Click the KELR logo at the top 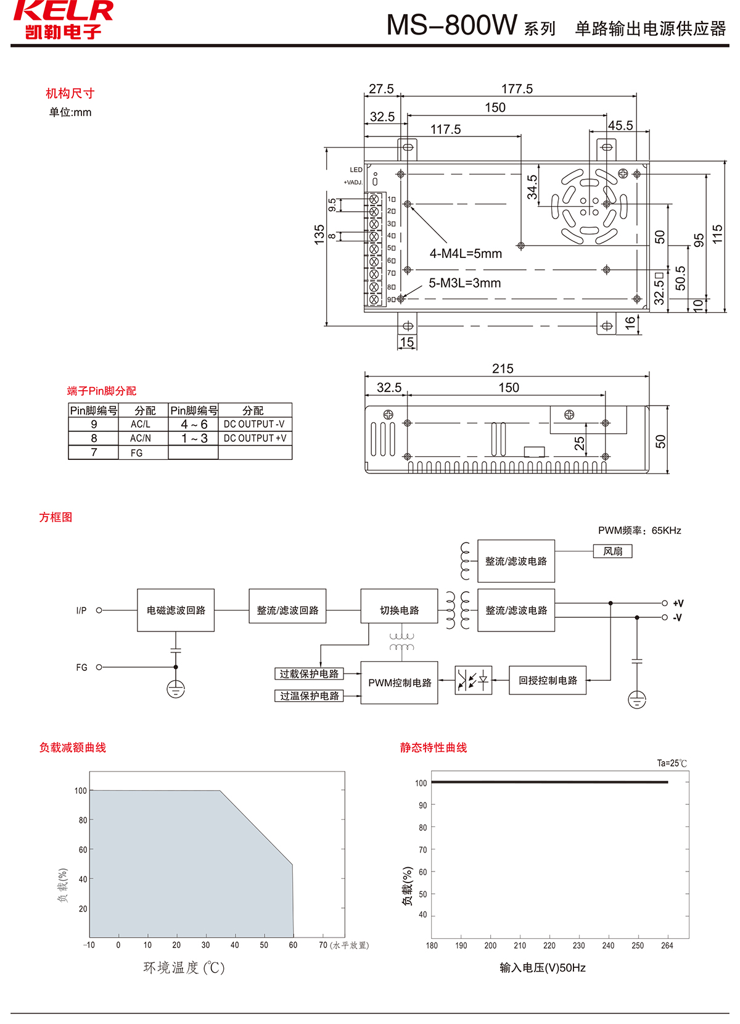click(x=63, y=20)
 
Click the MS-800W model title click(x=451, y=25)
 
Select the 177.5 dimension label click(x=517, y=89)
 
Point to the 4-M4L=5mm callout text click(x=466, y=254)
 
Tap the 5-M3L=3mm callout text click(x=464, y=283)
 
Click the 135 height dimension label click(x=319, y=235)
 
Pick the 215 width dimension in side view click(x=503, y=368)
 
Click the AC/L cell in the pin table click(x=141, y=425)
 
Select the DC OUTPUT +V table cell click(x=255, y=438)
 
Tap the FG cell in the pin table click(x=136, y=453)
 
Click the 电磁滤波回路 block click(x=176, y=610)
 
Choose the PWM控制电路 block click(x=400, y=683)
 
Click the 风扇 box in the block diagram click(x=612, y=551)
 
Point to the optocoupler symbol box click(x=473, y=680)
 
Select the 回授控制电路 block click(x=548, y=680)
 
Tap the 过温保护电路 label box click(x=309, y=696)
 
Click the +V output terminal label click(x=678, y=604)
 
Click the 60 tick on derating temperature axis click(x=293, y=945)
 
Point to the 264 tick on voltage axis click(x=667, y=946)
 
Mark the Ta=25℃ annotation click(x=672, y=764)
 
